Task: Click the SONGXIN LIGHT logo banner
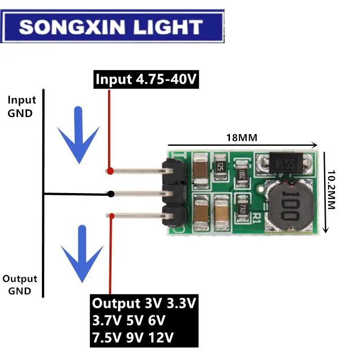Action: coord(112,27)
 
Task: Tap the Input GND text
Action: coord(20,107)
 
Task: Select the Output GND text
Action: coord(20,285)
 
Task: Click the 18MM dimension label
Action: coord(242,138)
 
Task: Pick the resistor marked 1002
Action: coord(242,173)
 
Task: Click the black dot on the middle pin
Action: coord(111,194)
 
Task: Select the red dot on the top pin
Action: coord(109,171)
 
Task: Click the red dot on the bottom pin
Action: coord(111,216)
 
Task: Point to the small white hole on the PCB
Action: coord(260,189)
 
